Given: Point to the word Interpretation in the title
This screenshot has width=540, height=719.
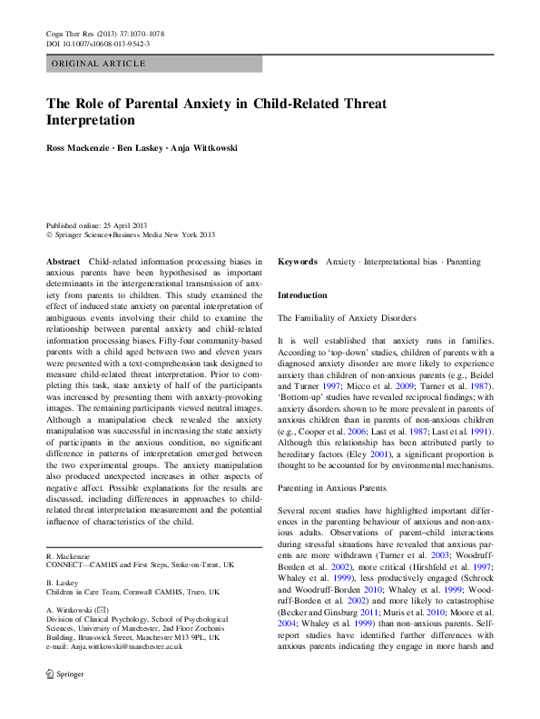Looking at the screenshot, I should click(91, 120).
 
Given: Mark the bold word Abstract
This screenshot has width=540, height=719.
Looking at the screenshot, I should click(63, 261).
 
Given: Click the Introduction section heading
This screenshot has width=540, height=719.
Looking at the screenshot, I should click(302, 295).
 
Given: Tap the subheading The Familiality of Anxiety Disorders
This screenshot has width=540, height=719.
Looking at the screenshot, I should click(347, 318).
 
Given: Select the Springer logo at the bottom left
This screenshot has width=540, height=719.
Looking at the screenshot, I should click(66, 701).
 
